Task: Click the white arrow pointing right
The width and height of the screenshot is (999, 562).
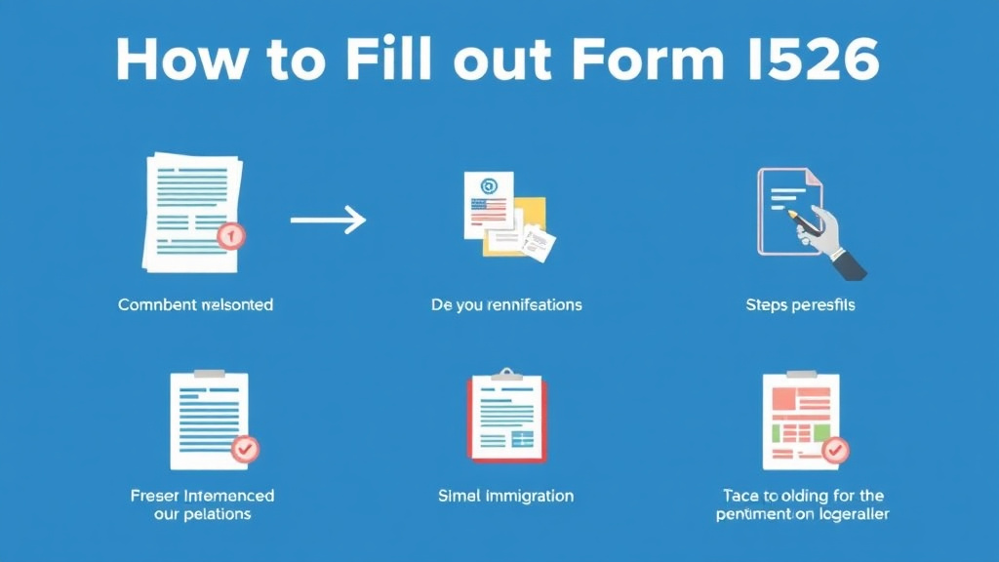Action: [328, 221]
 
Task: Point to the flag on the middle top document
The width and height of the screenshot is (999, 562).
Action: [489, 208]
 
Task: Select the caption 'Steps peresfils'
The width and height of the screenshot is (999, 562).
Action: [799, 305]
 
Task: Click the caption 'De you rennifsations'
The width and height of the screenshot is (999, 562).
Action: [506, 305]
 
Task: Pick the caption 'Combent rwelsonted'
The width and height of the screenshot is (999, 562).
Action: [195, 305]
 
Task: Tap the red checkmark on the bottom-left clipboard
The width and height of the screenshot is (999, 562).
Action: [244, 449]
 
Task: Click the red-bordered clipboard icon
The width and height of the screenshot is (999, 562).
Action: [505, 418]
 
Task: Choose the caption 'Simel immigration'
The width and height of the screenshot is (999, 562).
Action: [505, 496]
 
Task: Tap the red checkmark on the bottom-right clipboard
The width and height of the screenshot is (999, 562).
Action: [835, 450]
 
